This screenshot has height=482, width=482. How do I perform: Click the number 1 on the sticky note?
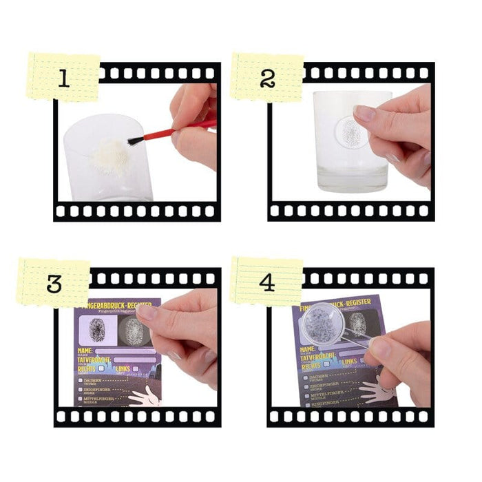63,78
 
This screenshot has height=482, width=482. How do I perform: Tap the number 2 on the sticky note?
267,78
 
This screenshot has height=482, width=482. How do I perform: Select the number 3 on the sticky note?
54,283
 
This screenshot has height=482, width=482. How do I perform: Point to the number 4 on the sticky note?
267,283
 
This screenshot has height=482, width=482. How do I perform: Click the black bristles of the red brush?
135,140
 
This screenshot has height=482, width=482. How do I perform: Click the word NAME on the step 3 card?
86,350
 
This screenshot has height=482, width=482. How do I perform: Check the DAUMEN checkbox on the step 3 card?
81,379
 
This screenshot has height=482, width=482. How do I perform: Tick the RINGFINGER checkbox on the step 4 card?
306,406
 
